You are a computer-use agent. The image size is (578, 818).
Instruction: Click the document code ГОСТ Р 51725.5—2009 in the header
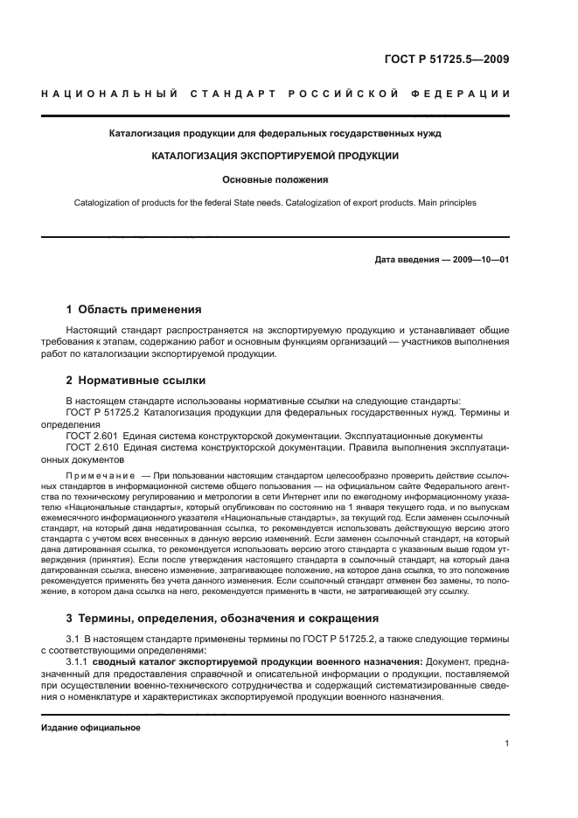coord(447,60)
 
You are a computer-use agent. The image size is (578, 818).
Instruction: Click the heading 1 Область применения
coord(134,309)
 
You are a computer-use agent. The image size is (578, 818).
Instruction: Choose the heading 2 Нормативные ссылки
coord(136,381)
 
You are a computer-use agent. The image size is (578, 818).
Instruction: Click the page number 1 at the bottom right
coord(506,744)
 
